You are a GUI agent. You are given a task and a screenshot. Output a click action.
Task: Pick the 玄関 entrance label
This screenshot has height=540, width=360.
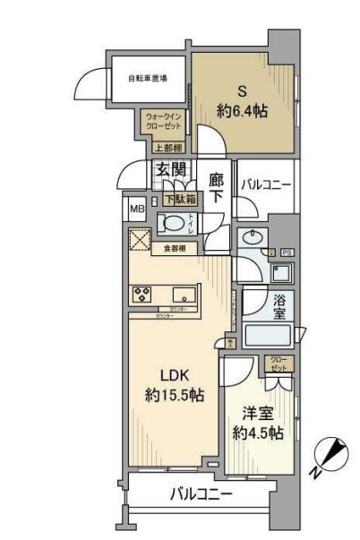pos(170,169)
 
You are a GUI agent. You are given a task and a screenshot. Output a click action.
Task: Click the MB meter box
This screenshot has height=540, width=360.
pos(137,210)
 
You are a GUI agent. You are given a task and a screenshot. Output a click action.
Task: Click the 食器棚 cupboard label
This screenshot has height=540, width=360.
pos(175,249)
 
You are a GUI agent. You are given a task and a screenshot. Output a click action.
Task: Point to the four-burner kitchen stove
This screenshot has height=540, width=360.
pos(143,295)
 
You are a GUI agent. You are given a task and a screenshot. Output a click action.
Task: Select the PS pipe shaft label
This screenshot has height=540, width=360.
pos(288,253)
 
